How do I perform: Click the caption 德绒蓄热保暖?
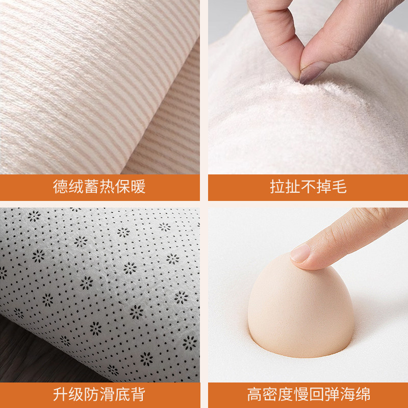pyautogui.click(x=99, y=187)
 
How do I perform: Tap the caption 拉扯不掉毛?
pyautogui.click(x=308, y=187)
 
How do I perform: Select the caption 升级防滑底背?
pyautogui.click(x=99, y=394)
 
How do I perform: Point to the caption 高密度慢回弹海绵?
pyautogui.click(x=308, y=394)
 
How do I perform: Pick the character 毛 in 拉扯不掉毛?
pyautogui.click(x=339, y=187)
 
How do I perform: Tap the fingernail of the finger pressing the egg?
pyautogui.click(x=301, y=253)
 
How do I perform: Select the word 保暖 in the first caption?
pyautogui.click(x=131, y=187)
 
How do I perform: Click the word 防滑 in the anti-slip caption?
pyautogui.click(x=99, y=394)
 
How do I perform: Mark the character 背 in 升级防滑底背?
pyautogui.click(x=138, y=394)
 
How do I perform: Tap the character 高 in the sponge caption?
pyautogui.click(x=254, y=394)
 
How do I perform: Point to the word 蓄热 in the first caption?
pyautogui.click(x=99, y=187)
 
